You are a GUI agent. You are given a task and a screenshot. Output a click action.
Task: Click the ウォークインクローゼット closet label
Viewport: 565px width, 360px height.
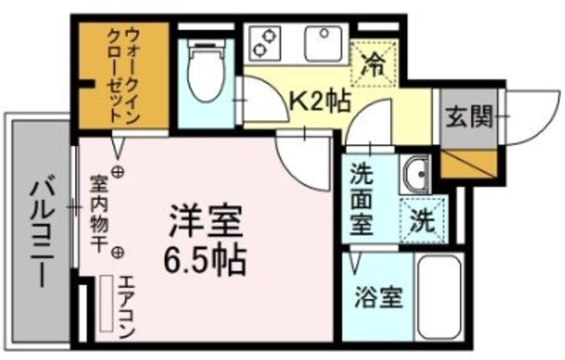pyautogui.click(x=121, y=74)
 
